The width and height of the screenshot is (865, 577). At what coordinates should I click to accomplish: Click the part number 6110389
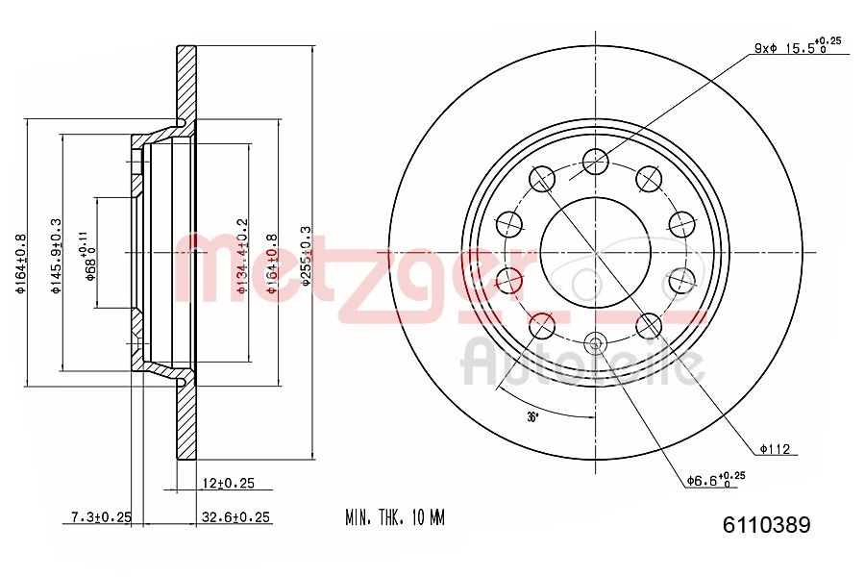[x=766, y=525]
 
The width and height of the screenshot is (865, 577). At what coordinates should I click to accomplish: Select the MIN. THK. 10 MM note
[x=395, y=518]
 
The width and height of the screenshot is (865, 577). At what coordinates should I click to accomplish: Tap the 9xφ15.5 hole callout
[x=797, y=46]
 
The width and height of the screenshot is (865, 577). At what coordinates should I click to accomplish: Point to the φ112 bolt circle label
[x=775, y=447]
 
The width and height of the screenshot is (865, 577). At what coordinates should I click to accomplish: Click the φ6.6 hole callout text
[x=715, y=479]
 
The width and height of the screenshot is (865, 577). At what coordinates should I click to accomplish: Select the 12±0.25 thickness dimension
[x=230, y=483]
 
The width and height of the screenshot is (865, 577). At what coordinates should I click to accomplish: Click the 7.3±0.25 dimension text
[x=100, y=517]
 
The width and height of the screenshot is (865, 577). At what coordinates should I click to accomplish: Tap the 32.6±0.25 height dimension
[x=235, y=517]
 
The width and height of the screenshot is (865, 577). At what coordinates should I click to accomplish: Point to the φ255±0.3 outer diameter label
[x=307, y=254]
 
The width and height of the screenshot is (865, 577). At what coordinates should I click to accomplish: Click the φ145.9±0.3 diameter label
[x=56, y=254]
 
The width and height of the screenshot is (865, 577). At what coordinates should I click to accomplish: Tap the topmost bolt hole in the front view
[x=595, y=162]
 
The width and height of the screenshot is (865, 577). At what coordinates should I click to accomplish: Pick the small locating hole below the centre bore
[x=595, y=343]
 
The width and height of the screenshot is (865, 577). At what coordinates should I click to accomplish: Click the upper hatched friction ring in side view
[x=185, y=82]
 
